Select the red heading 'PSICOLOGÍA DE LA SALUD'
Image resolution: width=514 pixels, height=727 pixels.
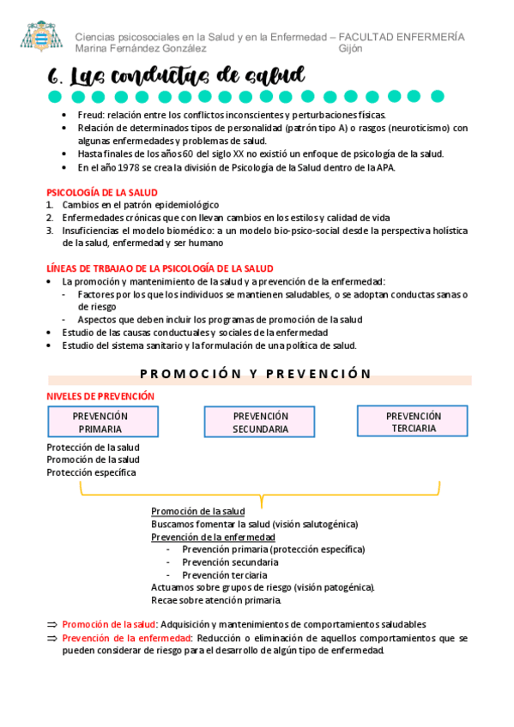click(101, 193)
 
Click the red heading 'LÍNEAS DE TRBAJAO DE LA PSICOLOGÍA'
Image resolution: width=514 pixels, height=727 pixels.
click(160, 268)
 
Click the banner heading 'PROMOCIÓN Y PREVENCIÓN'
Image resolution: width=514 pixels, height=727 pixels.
click(255, 374)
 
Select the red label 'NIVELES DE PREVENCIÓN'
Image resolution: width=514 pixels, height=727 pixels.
click(100, 396)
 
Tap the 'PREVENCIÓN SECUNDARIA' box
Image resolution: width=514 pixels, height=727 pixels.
click(260, 423)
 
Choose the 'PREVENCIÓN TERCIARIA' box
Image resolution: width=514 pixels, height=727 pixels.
click(413, 422)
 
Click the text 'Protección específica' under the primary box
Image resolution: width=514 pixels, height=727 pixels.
click(91, 472)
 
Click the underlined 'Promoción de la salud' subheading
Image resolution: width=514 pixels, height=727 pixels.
click(197, 511)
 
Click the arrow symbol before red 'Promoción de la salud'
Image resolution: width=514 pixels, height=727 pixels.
click(51, 625)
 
